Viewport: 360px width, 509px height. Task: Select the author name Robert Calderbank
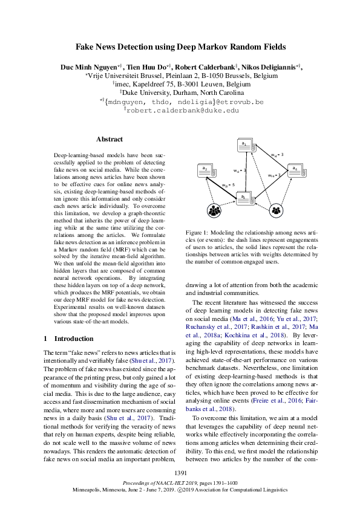[x=205, y=66]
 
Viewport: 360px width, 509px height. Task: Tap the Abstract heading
[x=110, y=139]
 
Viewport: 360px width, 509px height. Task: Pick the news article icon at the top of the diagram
[x=244, y=146]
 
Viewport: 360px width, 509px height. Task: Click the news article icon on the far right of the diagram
[x=294, y=169]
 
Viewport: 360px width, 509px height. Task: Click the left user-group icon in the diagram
[x=215, y=210]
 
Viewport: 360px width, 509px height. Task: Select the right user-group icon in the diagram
[x=277, y=210]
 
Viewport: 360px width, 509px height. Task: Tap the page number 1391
[x=180, y=473]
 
